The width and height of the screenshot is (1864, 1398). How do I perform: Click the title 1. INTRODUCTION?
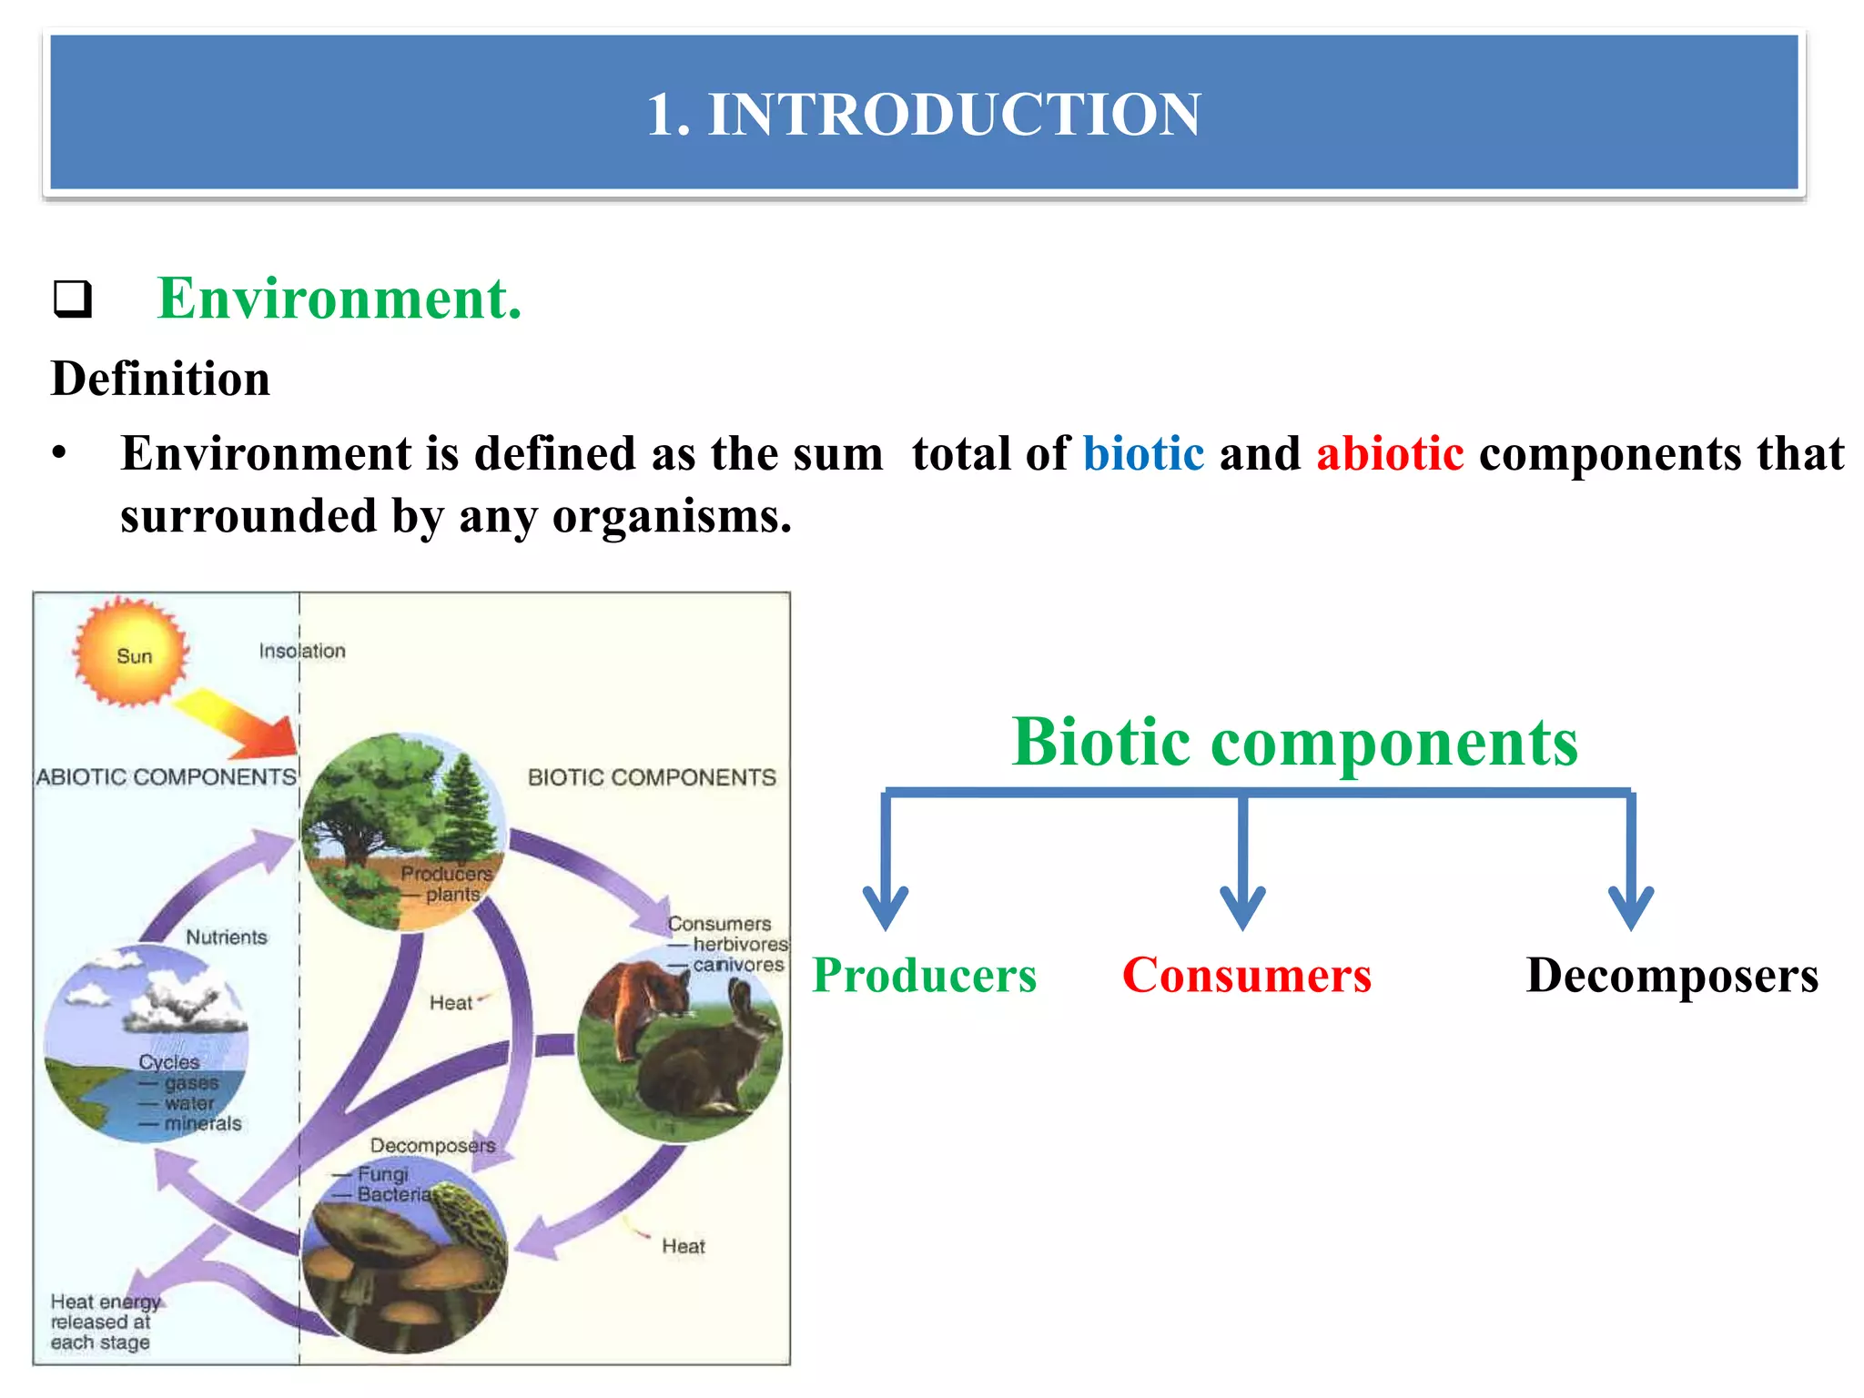(x=923, y=115)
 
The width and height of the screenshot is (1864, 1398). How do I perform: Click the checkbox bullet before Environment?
(x=72, y=299)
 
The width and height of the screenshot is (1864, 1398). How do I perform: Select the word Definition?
(x=160, y=379)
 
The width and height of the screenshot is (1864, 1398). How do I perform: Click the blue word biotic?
(x=1143, y=453)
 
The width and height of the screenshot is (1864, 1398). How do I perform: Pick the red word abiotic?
(x=1390, y=453)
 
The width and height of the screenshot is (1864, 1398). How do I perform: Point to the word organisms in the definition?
(x=672, y=517)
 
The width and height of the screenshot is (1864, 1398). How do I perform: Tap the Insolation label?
(x=302, y=651)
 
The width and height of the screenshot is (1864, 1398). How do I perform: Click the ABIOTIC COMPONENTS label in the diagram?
(x=166, y=776)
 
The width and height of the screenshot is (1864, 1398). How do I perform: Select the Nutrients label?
(x=227, y=937)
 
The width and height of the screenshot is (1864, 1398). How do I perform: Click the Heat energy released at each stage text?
(x=104, y=1322)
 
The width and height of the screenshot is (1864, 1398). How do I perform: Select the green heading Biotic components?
(x=1294, y=743)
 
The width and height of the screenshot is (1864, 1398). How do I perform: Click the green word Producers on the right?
(x=924, y=976)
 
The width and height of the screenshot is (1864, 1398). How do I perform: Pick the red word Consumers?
(x=1246, y=976)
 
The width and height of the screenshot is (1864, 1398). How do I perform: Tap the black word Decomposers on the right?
(x=1671, y=976)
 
